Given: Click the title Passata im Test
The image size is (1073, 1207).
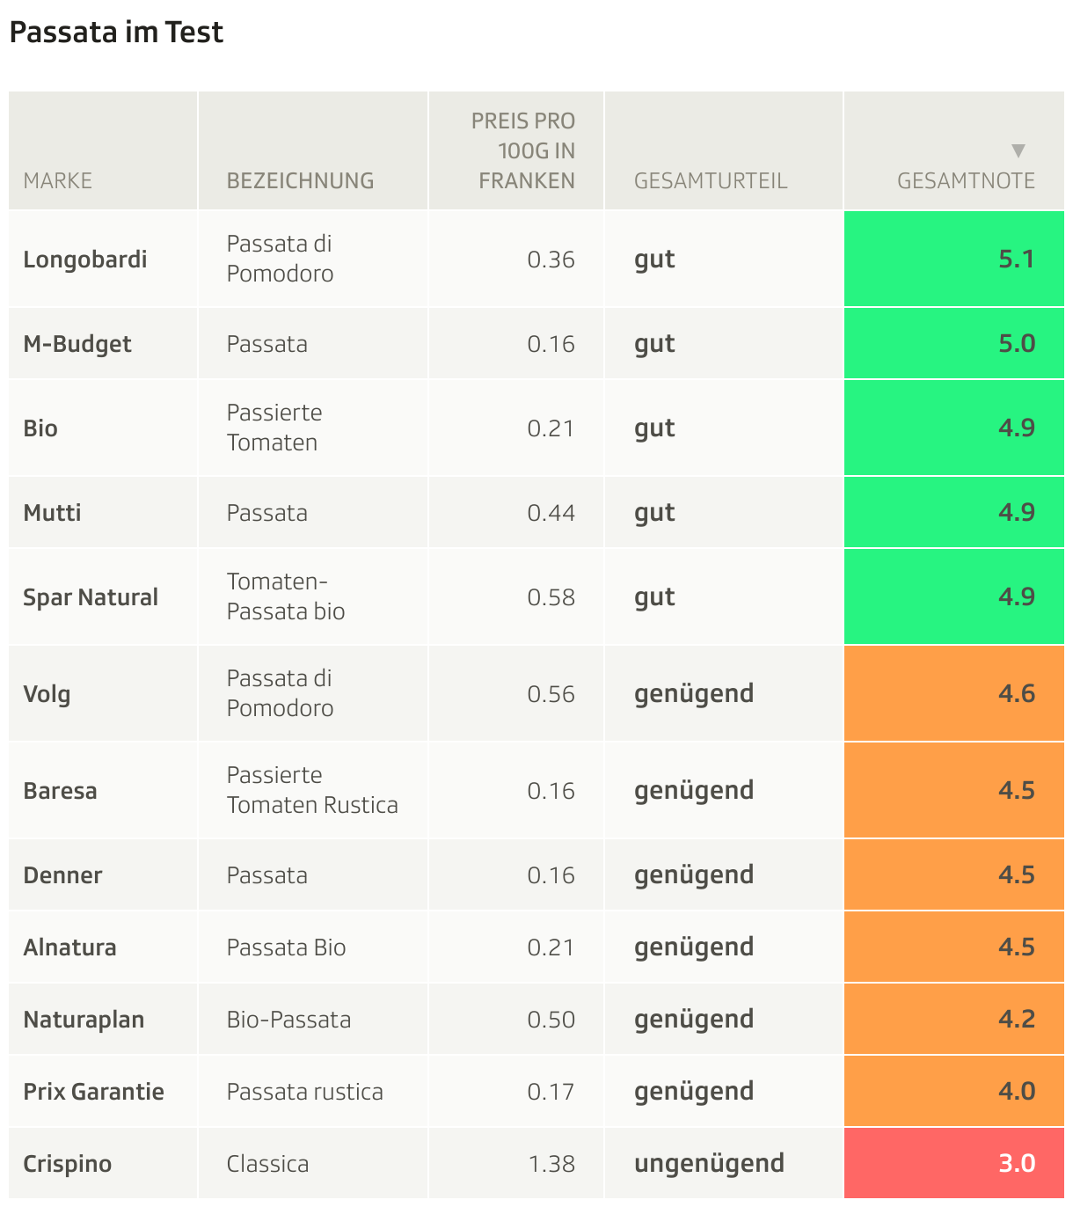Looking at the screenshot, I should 116,33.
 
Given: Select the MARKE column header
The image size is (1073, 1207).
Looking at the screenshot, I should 58,181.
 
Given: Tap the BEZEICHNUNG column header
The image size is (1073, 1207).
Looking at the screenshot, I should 300,181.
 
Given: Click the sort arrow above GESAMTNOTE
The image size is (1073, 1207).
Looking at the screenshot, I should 1018,150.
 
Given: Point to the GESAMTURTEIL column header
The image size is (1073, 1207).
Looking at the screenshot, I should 711,181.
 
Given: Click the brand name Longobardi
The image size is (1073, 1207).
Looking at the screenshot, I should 85,260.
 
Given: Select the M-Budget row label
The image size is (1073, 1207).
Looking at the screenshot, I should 77,344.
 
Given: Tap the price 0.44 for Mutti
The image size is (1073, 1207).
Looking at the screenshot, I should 551,513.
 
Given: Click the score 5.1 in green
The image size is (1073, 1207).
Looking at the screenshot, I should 1016,260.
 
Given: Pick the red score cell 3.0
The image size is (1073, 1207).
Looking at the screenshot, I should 1016,1163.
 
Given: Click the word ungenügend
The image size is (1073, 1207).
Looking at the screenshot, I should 709,1163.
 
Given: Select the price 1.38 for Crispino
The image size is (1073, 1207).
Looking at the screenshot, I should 551,1164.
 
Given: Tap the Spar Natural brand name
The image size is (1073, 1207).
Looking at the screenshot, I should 91,597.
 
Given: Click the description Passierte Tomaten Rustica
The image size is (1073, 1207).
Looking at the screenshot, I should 312,790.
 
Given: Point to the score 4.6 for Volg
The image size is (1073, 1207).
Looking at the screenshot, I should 1016,693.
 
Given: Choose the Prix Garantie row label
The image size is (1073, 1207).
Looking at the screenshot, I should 93,1092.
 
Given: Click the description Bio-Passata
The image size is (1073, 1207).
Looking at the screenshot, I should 288,1020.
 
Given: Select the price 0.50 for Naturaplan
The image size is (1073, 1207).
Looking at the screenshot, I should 551,1020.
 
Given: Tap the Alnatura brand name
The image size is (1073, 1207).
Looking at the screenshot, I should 69,947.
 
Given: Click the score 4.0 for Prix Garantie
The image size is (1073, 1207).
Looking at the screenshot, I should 1016,1091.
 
